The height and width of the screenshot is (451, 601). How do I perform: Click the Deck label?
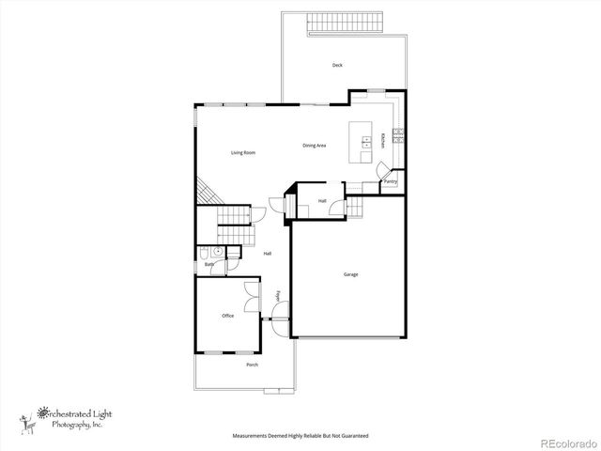coord(337,65)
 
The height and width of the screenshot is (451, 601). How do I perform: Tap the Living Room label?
coord(244,152)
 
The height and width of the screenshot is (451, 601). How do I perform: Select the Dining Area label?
coord(315,146)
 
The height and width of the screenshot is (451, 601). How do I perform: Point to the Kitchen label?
coord(383,141)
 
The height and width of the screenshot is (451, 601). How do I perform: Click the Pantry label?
coord(390,181)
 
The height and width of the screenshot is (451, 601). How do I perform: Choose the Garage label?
coord(350,274)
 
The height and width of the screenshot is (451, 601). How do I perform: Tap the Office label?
coord(227,316)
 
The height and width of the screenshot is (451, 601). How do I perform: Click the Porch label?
coord(252,365)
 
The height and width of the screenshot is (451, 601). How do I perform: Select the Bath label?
coord(209,265)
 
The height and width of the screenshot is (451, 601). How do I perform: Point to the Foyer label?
coord(279,297)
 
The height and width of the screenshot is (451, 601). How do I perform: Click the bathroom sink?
coord(217,251)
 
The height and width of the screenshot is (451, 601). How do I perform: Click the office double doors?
coord(252,297)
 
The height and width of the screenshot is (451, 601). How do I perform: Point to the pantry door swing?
coord(383,169)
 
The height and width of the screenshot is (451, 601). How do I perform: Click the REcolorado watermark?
coord(567,442)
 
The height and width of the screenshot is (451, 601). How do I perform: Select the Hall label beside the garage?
coord(322,201)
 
